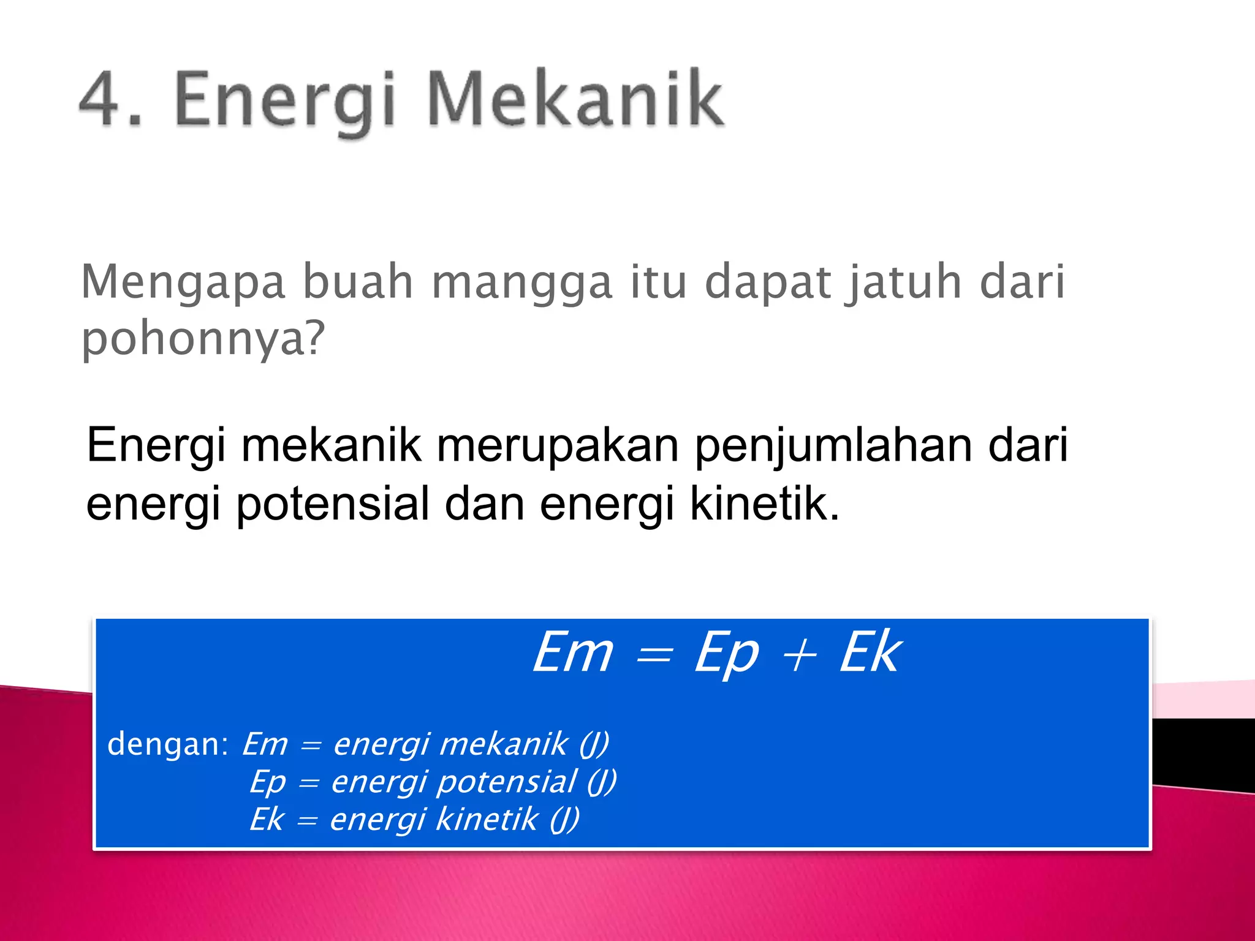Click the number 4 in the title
101,99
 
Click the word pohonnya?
203,339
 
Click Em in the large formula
573,653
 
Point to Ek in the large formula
870,653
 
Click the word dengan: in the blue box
168,745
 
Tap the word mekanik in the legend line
504,744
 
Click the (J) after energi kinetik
564,820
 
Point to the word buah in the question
358,282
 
